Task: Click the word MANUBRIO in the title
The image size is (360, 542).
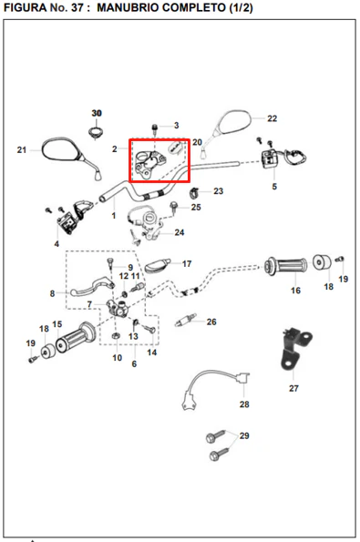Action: pos(128,7)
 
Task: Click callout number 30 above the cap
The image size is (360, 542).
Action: pos(97,113)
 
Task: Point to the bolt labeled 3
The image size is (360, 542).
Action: pos(154,129)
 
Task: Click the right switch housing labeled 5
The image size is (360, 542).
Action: pos(278,158)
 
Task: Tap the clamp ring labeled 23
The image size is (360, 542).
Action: pos(195,193)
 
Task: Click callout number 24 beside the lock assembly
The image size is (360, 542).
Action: pos(180,232)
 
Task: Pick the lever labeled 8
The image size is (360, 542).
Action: pos(92,287)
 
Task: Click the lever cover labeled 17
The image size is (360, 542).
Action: pos(158,265)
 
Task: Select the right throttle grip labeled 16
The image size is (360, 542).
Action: pos(285,267)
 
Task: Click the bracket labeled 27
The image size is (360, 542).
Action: pos(294,348)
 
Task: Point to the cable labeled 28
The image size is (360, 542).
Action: pos(214,387)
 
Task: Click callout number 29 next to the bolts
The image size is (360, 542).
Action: pos(244,435)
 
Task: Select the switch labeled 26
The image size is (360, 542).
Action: pos(185,320)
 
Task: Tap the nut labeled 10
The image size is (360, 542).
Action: pos(116,335)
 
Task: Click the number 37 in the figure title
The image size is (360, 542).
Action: pos(77,7)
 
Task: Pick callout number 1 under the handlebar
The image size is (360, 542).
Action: pos(113,215)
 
